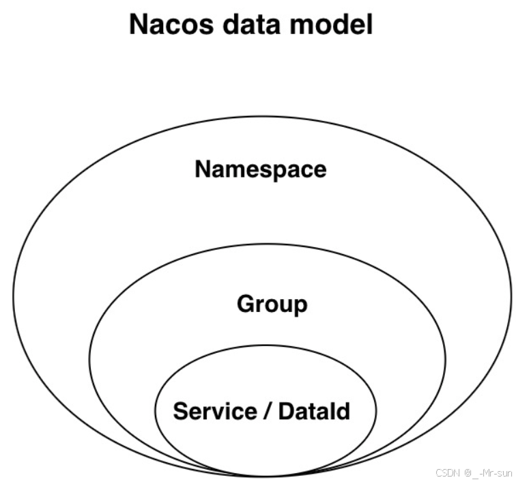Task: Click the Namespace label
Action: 261,169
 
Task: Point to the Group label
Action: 272,304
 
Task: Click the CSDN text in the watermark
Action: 446,472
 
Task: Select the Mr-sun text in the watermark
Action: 496,472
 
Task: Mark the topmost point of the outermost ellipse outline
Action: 262,117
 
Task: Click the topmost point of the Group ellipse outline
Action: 267,244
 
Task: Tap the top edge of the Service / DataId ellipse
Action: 266,344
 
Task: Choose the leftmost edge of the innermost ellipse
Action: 155,410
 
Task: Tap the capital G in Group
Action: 246,304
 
